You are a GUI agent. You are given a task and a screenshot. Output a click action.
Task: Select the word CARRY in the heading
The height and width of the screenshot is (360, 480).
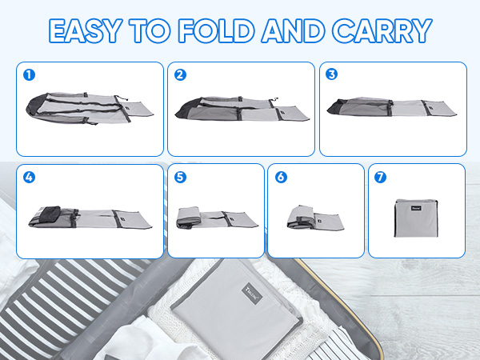382,30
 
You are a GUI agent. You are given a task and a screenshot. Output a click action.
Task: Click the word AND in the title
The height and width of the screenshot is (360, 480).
293,30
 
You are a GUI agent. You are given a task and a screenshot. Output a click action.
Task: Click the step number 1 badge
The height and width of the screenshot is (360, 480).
29,74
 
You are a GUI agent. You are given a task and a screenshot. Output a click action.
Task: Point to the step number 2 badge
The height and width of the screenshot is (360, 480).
180,74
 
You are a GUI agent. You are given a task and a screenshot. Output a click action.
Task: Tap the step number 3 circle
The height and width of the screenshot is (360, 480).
331,74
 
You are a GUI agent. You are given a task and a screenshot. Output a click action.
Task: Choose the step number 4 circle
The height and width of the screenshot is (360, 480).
29,178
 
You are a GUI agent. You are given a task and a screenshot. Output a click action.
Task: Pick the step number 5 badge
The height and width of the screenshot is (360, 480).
180,177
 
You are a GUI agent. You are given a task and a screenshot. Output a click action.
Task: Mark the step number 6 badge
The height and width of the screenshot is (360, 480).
281,177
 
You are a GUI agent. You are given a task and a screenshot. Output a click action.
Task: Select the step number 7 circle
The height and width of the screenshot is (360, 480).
381,177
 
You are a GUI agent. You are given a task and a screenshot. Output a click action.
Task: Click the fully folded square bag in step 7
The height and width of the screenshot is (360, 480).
416,218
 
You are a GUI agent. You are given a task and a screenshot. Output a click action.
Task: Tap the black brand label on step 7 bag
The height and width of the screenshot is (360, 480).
416,208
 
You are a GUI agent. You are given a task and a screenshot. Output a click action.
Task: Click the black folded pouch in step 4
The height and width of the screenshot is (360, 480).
50,214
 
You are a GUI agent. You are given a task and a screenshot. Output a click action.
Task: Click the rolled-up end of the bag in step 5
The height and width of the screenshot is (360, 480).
189,218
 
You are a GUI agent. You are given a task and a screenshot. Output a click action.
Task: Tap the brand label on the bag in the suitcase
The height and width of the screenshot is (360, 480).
252,294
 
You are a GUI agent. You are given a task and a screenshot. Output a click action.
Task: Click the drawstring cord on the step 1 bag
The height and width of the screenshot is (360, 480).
122,98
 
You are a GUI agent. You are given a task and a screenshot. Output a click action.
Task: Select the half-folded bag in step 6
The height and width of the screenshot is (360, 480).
315,218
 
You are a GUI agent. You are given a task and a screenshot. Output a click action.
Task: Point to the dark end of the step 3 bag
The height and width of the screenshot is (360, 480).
336,107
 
